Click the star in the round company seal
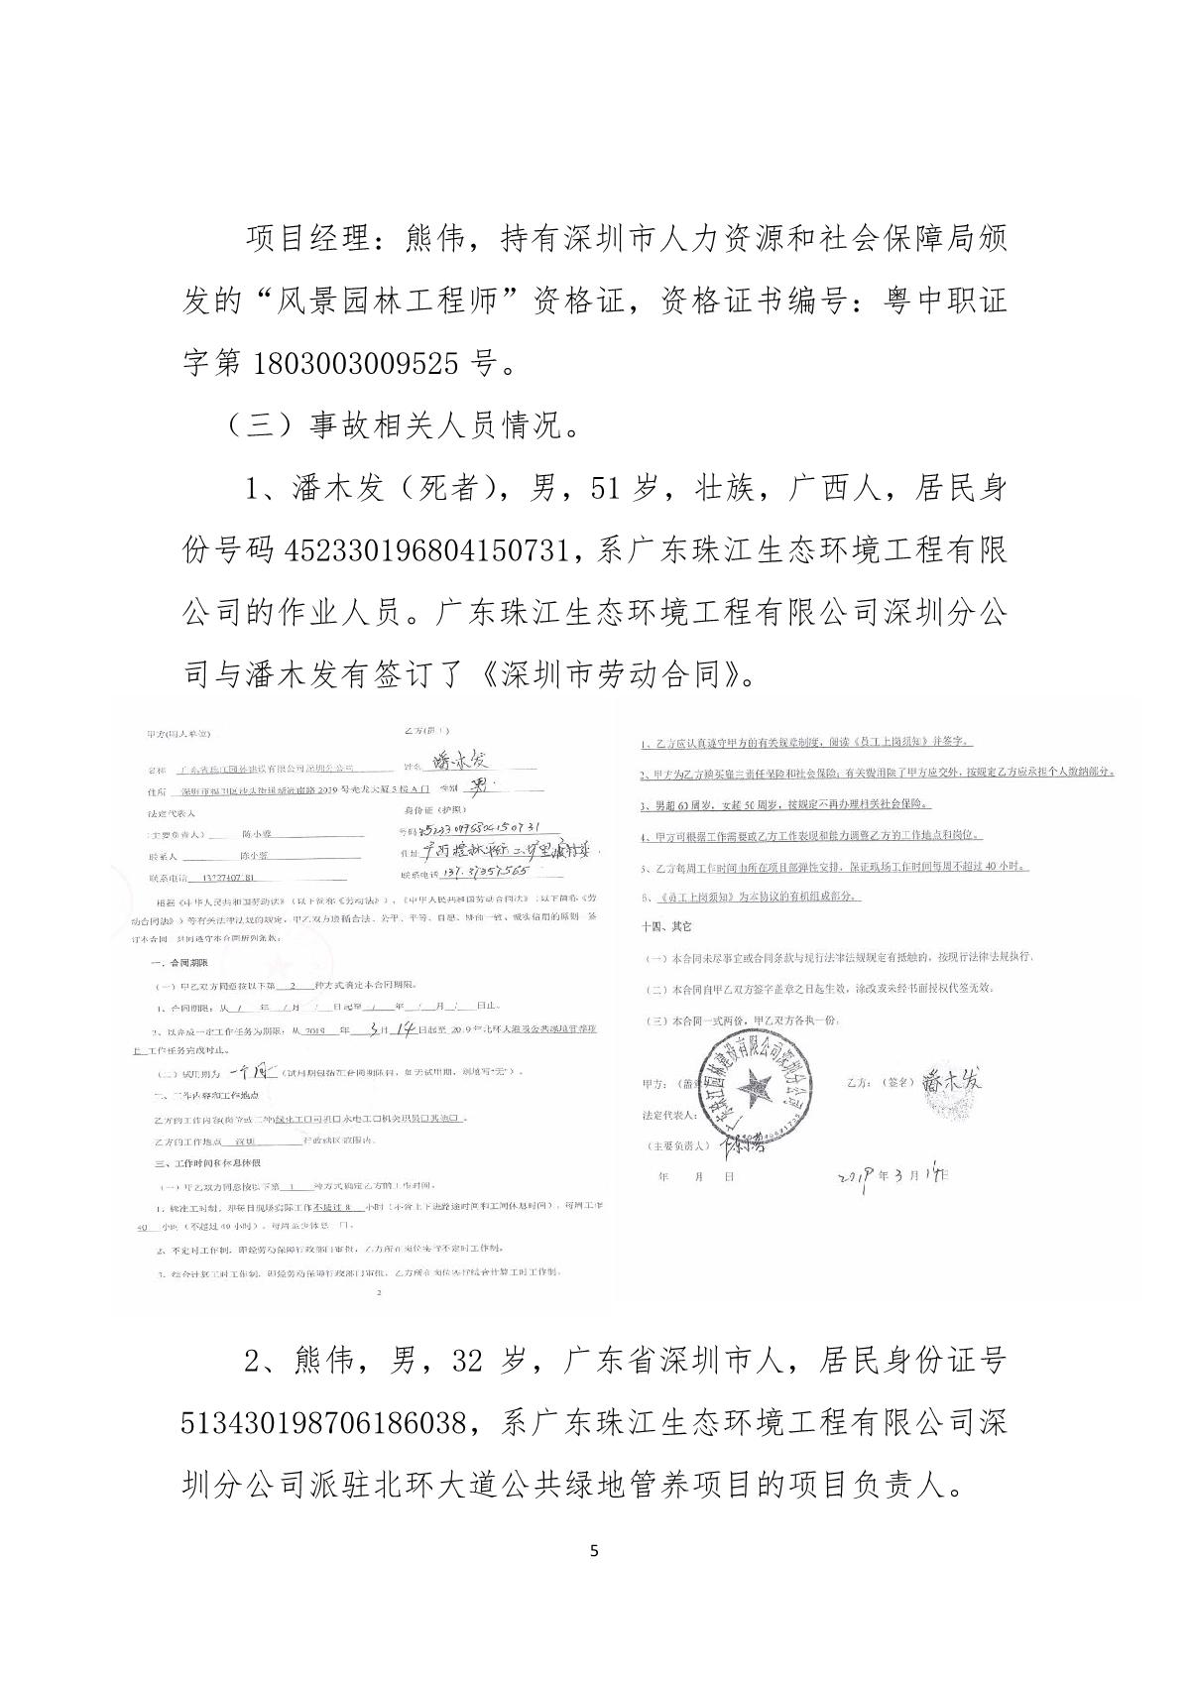point(760,1089)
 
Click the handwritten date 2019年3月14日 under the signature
point(893,1174)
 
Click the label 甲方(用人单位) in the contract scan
point(178,735)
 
